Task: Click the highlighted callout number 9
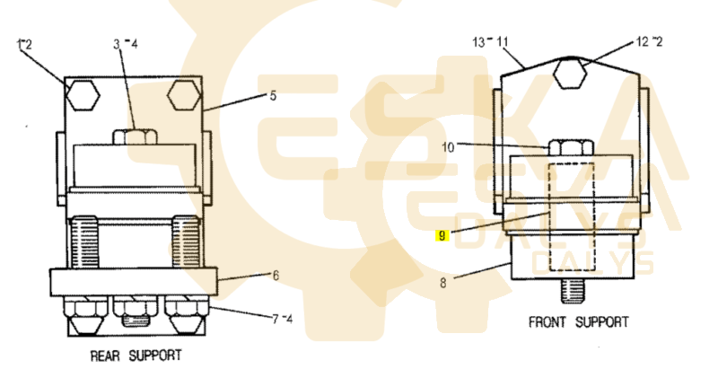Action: (x=442, y=235)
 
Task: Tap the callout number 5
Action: (x=273, y=96)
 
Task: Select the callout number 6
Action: (x=276, y=275)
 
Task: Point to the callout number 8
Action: (x=442, y=283)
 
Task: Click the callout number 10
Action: (x=448, y=147)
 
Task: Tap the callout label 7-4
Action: (x=282, y=319)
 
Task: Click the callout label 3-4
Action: (x=126, y=44)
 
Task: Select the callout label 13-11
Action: (x=490, y=42)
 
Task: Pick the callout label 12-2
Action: (x=649, y=41)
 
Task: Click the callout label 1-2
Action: (x=24, y=44)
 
